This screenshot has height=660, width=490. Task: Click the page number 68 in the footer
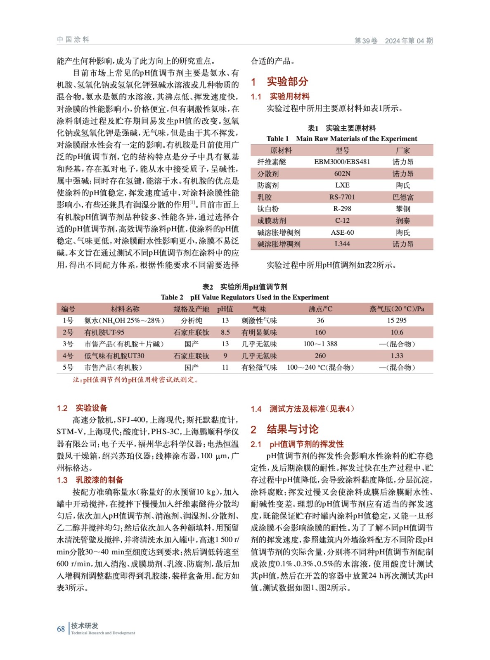(61, 629)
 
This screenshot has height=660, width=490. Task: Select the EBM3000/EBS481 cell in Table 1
(342, 162)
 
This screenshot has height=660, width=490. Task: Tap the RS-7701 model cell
(342, 197)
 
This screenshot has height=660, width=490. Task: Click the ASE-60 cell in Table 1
(342, 233)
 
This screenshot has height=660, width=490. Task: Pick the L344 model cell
(342, 244)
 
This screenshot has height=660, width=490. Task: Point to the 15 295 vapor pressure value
(396, 321)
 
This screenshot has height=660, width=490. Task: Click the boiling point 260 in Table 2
(320, 356)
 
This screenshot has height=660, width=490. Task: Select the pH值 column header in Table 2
(225, 309)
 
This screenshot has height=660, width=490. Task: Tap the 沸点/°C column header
(320, 309)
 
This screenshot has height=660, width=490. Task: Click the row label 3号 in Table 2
(68, 344)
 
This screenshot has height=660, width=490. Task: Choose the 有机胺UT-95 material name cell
(104, 332)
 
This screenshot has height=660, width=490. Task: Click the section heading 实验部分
(287, 82)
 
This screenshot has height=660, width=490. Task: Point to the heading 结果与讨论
(292, 429)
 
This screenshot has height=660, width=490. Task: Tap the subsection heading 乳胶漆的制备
(99, 480)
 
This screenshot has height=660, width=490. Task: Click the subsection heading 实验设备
(91, 408)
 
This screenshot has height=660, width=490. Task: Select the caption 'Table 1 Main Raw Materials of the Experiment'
(341, 139)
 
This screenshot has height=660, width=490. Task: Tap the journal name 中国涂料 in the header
(73, 40)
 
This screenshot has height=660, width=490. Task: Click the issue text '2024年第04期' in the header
(409, 41)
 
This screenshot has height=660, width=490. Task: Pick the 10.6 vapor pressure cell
(396, 332)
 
